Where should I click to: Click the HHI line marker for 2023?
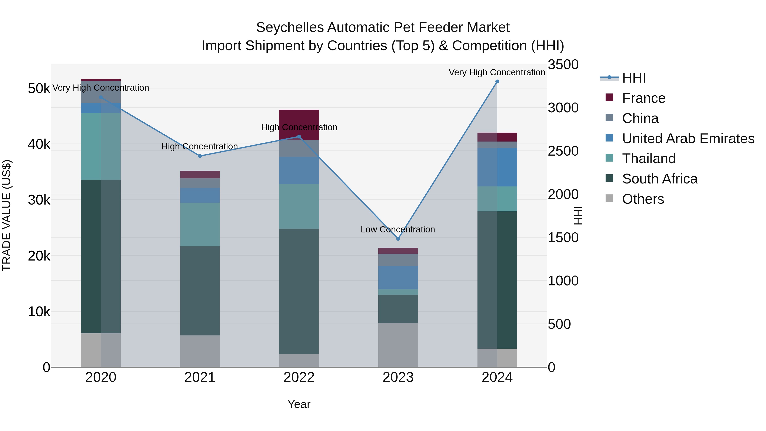coord(398,239)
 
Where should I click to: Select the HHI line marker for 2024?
coord(497,82)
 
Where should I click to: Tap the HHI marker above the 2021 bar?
coord(200,156)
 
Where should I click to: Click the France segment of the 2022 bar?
coord(299,119)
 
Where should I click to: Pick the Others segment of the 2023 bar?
coord(398,345)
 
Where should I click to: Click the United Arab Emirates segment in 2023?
coord(398,278)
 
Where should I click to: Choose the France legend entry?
coord(643,98)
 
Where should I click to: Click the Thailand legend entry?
coord(649,159)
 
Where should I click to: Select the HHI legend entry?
coord(634,78)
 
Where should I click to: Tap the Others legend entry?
coord(643,199)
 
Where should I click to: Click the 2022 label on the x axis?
coord(299,377)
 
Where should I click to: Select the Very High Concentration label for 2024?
coord(497,72)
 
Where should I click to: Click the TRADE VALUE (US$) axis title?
coord(7,215)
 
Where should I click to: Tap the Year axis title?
coord(299,404)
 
